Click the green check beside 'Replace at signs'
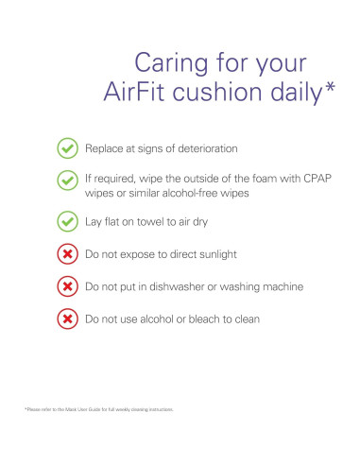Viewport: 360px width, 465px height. [x=68, y=148]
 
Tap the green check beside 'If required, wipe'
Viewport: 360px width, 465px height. [x=68, y=180]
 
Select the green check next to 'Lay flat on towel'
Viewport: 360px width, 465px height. [x=68, y=222]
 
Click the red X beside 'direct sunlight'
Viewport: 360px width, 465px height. [x=68, y=254]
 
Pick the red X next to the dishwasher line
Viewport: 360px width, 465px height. [x=68, y=286]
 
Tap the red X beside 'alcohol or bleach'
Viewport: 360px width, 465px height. [x=68, y=319]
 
